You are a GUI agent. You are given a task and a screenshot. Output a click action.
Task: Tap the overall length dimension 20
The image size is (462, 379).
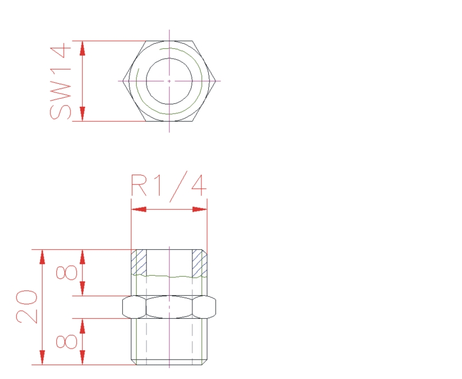pyautogui.click(x=27, y=307)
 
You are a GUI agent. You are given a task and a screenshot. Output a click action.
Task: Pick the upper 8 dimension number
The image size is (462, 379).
pyautogui.click(x=67, y=272)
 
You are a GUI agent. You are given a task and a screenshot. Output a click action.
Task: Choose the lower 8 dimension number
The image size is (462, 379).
pyautogui.click(x=67, y=342)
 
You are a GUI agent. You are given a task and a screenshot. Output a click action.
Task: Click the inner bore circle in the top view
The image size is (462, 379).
pyautogui.click(x=146, y=81)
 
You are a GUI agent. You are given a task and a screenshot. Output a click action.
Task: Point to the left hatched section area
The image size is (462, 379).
pyautogui.click(x=139, y=262)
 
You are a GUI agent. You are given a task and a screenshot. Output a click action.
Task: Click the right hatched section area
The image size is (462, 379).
pyautogui.click(x=200, y=263)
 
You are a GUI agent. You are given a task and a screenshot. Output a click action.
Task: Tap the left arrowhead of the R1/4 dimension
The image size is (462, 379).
pyautogui.click(x=139, y=209)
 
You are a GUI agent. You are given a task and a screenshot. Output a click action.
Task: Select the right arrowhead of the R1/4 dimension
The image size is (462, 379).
pyautogui.click(x=200, y=209)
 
